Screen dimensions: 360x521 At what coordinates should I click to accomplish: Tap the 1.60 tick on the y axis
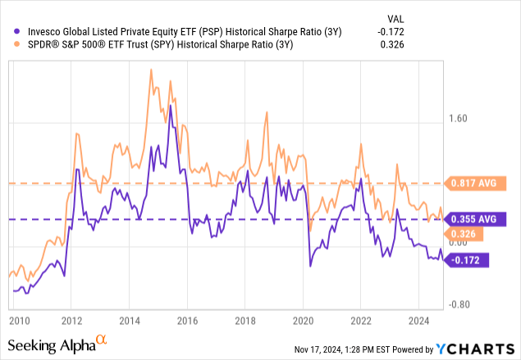[x=456, y=119]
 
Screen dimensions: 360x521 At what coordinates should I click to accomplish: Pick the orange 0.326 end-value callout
[x=461, y=235]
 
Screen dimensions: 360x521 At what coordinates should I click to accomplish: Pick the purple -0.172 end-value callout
[x=465, y=260]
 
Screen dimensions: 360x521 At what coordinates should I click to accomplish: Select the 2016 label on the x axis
[x=188, y=319]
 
